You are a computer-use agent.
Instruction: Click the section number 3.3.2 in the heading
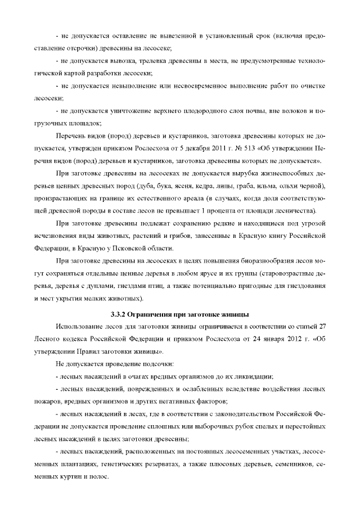point(119,313)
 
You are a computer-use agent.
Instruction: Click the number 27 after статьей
point(322,326)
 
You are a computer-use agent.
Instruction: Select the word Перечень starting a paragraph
point(71,136)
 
